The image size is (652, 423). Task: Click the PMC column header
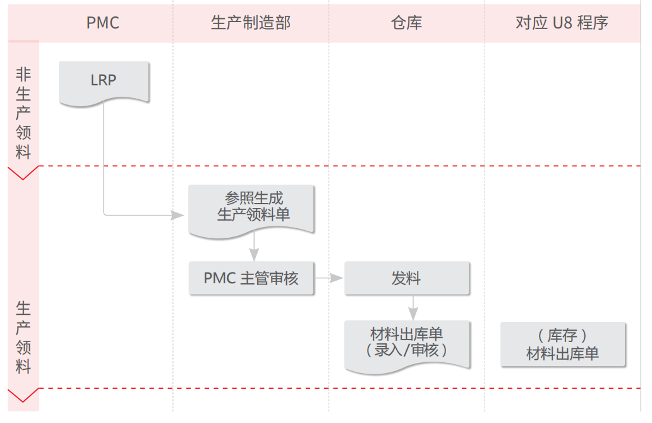103,23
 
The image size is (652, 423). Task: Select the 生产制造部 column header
251,23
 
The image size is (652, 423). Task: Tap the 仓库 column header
406,23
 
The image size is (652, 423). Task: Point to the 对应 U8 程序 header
562,23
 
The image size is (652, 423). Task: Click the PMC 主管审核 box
251,278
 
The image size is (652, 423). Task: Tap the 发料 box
406,278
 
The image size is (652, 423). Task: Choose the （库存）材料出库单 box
562,345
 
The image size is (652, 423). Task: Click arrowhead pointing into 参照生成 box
179,215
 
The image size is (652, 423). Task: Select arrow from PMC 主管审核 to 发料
329,278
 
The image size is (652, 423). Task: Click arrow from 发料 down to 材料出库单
413,309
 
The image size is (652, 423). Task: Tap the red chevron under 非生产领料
23,173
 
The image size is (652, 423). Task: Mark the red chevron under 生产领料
23,396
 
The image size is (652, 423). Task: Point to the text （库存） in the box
562,336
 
